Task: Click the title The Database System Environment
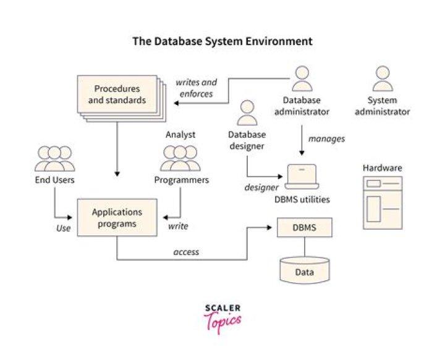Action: pyautogui.click(x=222, y=42)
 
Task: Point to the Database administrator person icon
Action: pyautogui.click(x=302, y=78)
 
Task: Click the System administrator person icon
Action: pyautogui.click(x=383, y=78)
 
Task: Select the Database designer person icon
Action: pyautogui.click(x=247, y=113)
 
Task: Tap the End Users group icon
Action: pyautogui.click(x=55, y=159)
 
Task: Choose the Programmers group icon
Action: pyautogui.click(x=180, y=159)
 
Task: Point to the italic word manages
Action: pyautogui.click(x=326, y=140)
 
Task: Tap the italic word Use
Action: pyautogui.click(x=64, y=227)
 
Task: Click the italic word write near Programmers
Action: pyautogui.click(x=178, y=227)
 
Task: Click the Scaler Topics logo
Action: pyautogui.click(x=222, y=317)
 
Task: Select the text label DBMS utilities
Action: pyautogui.click(x=302, y=199)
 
